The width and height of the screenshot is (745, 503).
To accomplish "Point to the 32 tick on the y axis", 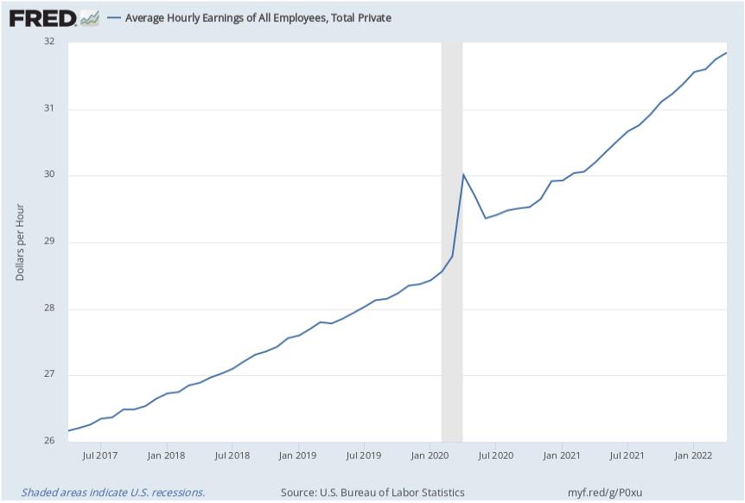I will (x=48, y=41).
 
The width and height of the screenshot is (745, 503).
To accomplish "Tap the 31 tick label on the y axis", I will (x=48, y=109).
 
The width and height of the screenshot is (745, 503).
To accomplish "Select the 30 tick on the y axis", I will (x=48, y=175).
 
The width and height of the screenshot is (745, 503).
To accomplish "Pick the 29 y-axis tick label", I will (x=48, y=242).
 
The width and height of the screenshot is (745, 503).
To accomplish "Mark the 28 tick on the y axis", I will (x=48, y=309).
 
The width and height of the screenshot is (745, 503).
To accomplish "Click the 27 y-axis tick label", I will (x=48, y=375).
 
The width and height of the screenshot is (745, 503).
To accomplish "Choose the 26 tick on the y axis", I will (x=48, y=442).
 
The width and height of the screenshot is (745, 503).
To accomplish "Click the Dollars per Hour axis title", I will (x=20, y=242).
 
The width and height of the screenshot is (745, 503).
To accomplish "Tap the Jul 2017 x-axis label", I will (x=100, y=455).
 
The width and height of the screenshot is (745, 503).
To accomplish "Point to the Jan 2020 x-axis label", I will (x=430, y=455).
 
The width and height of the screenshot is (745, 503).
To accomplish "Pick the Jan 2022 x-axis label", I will (x=692, y=455).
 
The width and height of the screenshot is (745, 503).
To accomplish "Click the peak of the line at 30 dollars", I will (x=463, y=175).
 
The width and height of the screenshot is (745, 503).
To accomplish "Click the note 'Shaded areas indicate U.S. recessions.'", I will (x=113, y=493).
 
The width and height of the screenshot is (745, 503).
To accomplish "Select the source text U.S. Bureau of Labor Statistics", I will (x=372, y=493).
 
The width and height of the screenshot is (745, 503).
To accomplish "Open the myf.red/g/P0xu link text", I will (x=605, y=493).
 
